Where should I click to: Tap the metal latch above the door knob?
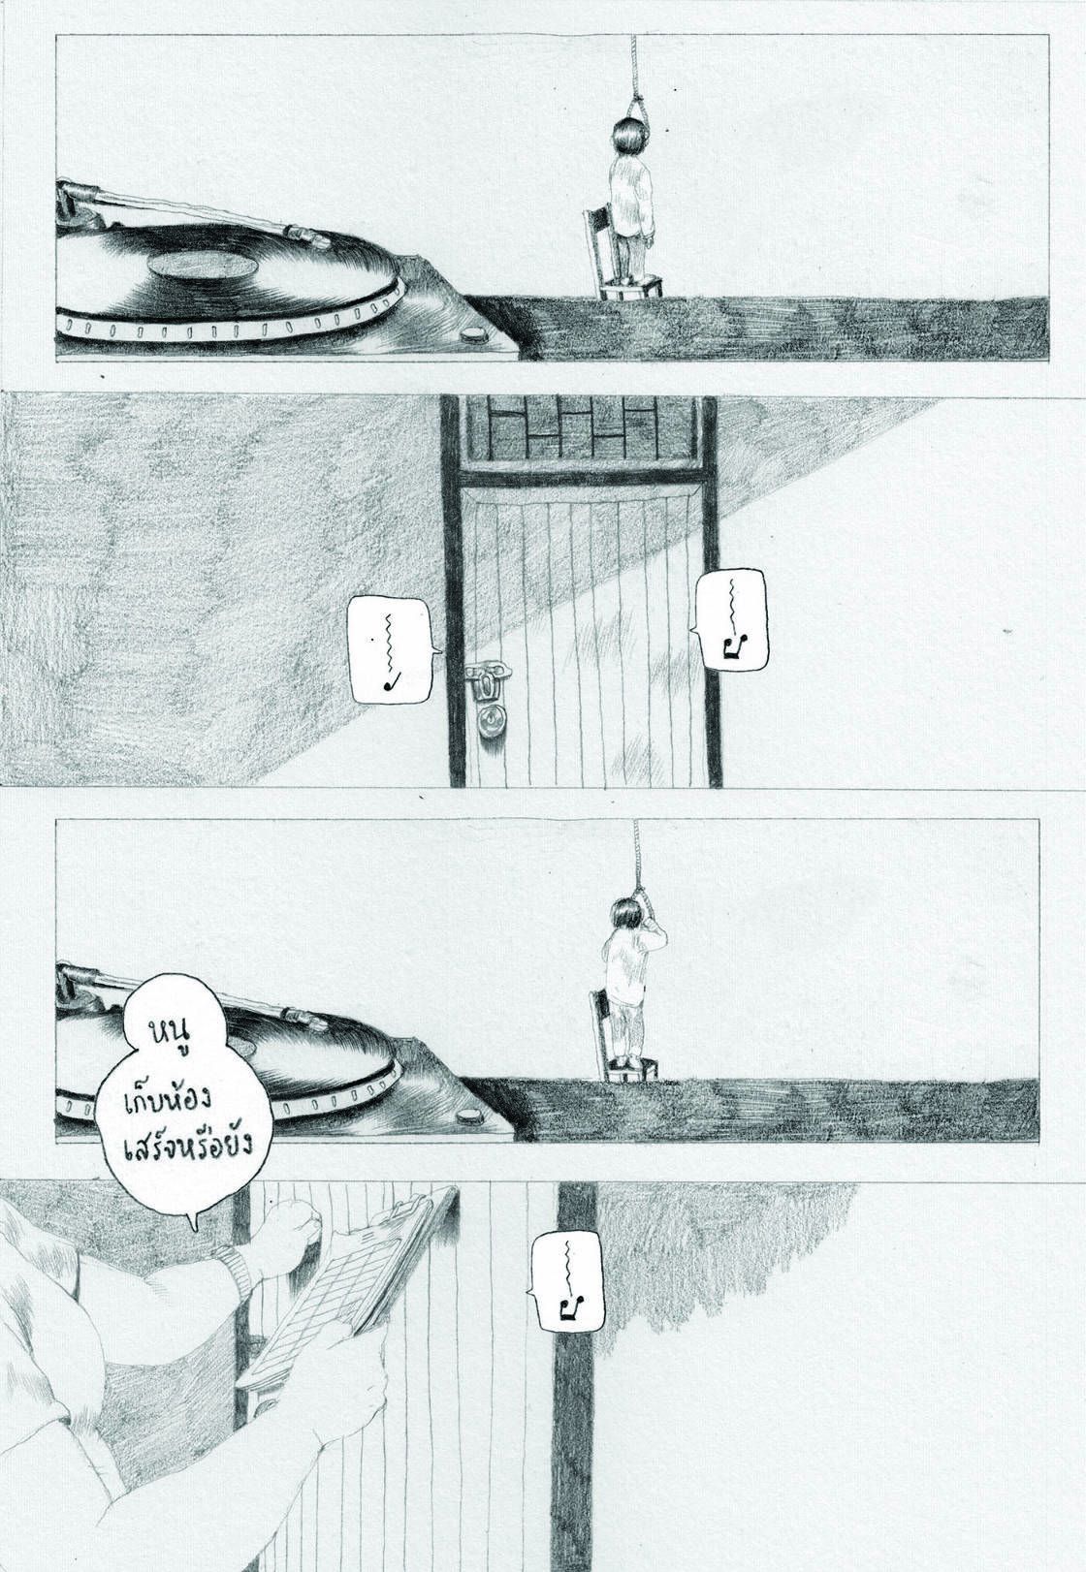(x=483, y=681)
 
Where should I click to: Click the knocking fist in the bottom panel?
(x=281, y=1222)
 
